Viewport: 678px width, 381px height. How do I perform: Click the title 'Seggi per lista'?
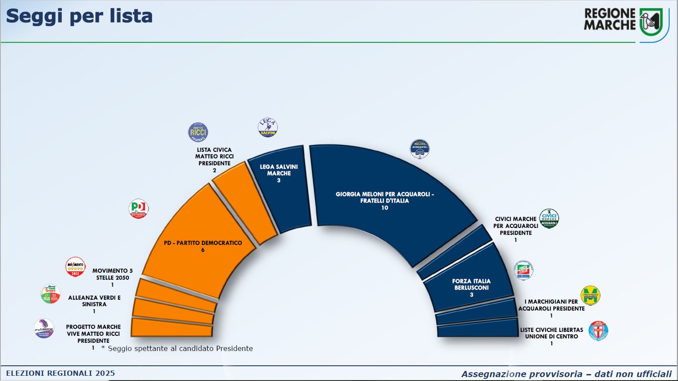pyautogui.click(x=79, y=16)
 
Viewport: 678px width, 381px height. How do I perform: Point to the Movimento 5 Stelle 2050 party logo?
pyautogui.click(x=75, y=267)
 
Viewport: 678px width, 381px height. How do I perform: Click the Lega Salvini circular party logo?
pyautogui.click(x=268, y=128)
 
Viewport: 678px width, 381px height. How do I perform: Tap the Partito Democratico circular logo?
pyautogui.click(x=139, y=209)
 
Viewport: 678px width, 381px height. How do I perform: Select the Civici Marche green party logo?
pyautogui.click(x=549, y=218)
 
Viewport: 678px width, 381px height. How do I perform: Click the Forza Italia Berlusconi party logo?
pyautogui.click(x=523, y=271)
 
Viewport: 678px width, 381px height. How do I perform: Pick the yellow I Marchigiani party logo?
pyautogui.click(x=590, y=296)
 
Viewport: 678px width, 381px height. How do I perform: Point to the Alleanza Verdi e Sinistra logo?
pyautogui.click(x=51, y=294)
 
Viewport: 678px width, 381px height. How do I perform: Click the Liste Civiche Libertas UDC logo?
pyautogui.click(x=598, y=331)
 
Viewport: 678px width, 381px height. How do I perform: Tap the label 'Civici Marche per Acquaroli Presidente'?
pyautogui.click(x=516, y=226)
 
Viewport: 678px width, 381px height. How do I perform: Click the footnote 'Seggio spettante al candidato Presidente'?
pyautogui.click(x=180, y=348)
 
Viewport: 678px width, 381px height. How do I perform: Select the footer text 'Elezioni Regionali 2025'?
pyautogui.click(x=61, y=373)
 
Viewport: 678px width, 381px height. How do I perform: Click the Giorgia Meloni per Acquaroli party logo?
pyautogui.click(x=420, y=149)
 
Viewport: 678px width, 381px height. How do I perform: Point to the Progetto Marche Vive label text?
pyautogui.click(x=93, y=334)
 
